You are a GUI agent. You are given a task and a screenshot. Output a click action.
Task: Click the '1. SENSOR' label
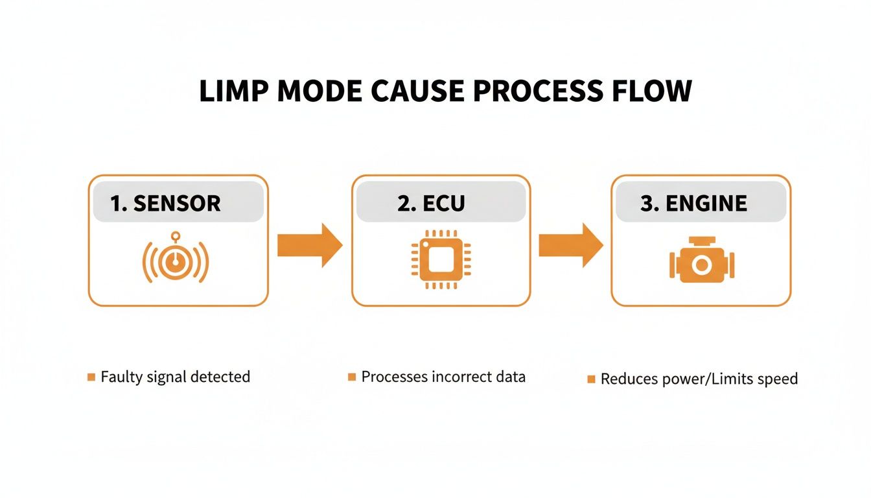click(165, 203)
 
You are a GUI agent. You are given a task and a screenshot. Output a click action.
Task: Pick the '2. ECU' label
click(430, 203)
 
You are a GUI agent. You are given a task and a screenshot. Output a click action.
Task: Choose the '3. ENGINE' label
click(693, 203)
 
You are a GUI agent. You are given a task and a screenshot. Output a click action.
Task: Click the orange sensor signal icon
click(175, 259)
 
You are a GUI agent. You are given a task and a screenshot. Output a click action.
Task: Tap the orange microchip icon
click(441, 259)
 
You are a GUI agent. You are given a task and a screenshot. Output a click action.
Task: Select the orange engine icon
click(701, 261)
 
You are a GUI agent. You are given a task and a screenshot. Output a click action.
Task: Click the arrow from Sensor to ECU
click(310, 245)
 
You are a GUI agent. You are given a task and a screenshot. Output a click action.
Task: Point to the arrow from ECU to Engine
click(571, 245)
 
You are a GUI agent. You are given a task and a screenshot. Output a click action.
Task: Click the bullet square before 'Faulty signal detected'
click(91, 377)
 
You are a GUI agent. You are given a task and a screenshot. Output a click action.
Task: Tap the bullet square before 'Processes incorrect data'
click(352, 377)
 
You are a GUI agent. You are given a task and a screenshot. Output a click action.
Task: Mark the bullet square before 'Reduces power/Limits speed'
click(591, 379)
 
